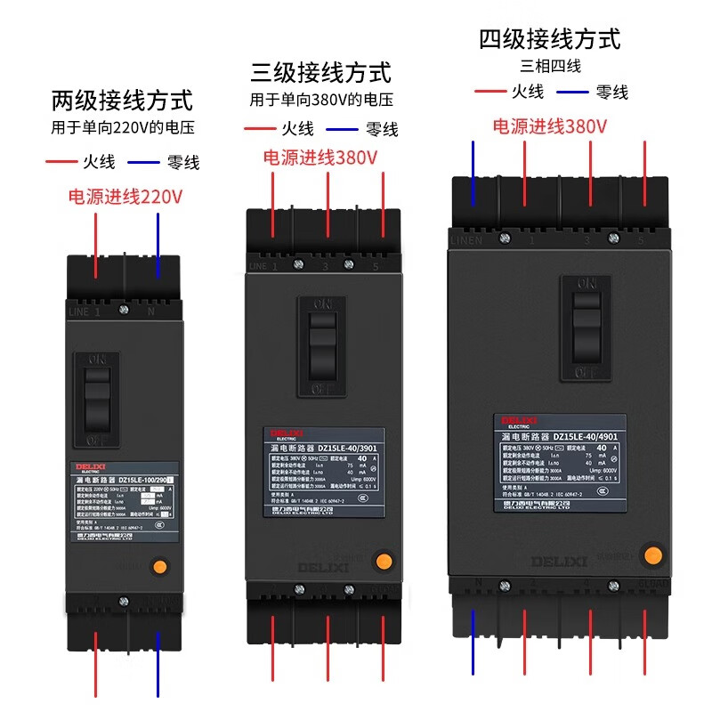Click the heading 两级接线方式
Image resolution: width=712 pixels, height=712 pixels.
(x=122, y=100)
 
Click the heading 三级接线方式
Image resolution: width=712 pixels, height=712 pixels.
(x=320, y=71)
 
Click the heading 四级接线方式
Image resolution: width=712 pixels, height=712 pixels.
(x=549, y=39)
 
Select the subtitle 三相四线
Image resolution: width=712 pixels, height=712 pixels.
(x=550, y=65)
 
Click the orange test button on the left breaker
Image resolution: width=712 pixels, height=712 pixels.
(x=159, y=565)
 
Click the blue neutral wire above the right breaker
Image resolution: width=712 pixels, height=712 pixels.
(x=473, y=174)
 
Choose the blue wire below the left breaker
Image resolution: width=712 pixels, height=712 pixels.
(x=158, y=663)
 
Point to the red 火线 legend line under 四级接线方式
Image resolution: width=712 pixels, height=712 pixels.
(x=490, y=92)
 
